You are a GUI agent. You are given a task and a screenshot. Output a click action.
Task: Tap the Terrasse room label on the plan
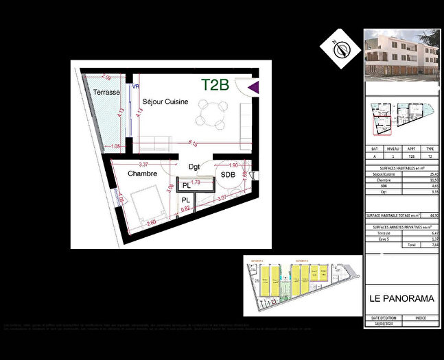tap(107, 92)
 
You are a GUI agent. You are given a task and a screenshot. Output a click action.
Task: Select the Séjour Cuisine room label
tap(165, 101)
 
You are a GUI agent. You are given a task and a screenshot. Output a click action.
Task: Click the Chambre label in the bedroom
tap(142, 174)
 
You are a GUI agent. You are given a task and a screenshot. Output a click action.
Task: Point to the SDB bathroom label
tap(227, 176)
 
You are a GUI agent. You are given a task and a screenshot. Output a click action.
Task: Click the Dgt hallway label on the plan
tap(194, 167)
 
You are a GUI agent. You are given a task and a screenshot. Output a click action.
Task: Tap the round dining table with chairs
tap(211, 114)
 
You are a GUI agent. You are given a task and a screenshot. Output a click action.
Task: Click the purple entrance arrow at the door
tap(253, 87)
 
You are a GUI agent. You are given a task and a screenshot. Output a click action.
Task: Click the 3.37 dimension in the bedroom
tap(143, 165)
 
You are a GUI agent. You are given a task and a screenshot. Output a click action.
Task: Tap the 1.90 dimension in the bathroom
tap(233, 165)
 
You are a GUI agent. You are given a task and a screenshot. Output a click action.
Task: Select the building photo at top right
tap(401, 55)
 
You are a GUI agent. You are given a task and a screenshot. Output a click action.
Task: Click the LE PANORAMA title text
tap(401, 298)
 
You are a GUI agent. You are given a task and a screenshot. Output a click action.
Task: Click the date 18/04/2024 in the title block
tap(383, 324)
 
